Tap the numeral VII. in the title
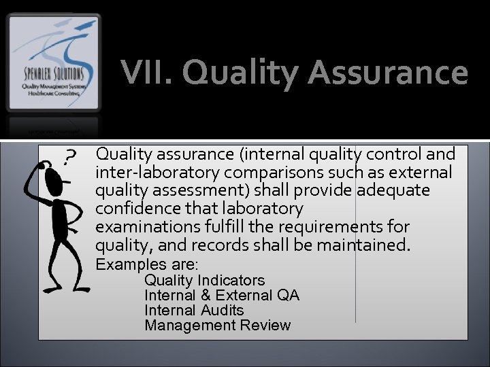[146, 73]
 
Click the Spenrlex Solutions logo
[54, 63]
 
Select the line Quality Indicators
[205, 280]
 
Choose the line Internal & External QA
[222, 295]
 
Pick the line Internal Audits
[194, 310]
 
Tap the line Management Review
[218, 325]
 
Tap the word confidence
[135, 208]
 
